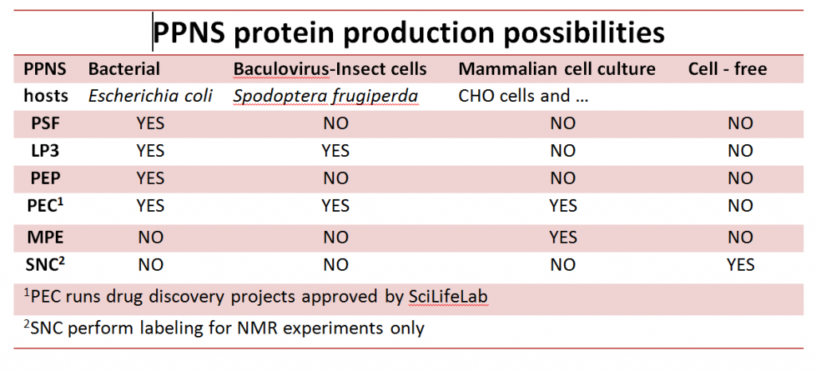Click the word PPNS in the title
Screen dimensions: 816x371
[190, 32]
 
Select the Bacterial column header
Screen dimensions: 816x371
[124, 69]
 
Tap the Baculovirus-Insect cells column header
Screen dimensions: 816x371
[330, 69]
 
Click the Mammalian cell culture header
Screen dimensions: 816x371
[557, 69]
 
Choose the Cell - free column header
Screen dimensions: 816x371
[728, 69]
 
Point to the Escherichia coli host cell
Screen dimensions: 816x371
[150, 96]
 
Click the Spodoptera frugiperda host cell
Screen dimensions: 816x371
[325, 97]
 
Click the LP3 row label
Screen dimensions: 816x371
[44, 150]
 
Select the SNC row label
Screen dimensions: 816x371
[45, 264]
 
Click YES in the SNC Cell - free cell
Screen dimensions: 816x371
[740, 265]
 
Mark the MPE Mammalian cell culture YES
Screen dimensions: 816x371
[563, 237]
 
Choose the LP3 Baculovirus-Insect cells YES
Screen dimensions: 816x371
[335, 150]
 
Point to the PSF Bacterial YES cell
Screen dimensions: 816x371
[151, 123]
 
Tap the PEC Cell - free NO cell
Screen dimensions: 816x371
[740, 205]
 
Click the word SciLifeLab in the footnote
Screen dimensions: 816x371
[449, 297]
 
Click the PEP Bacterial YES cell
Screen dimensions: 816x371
[151, 178]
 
